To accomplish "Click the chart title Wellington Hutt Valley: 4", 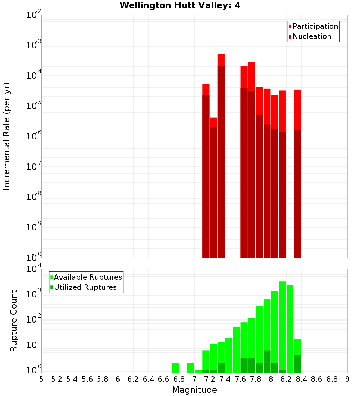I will (x=180, y=5).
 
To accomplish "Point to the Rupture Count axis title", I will (x=14, y=321).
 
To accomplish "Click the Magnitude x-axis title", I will (x=194, y=390).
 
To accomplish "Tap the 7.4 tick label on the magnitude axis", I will (x=225, y=379).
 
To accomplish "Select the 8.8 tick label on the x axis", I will (x=332, y=379).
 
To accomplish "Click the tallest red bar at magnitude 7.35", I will (x=221, y=155).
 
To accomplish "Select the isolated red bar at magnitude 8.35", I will (x=298, y=173).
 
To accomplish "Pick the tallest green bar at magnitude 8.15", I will (x=282, y=324).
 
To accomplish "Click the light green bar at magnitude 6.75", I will (x=175, y=367).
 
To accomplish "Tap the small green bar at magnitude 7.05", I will (x=198, y=371).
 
